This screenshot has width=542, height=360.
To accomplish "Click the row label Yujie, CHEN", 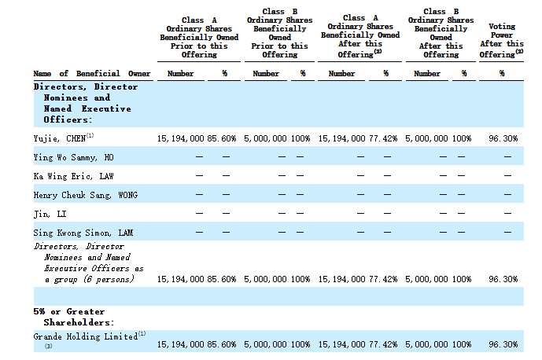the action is pos(60,138).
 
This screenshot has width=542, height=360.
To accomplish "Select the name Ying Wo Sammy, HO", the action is pos(74,157).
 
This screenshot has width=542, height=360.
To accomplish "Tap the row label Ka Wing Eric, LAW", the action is pos(74,176).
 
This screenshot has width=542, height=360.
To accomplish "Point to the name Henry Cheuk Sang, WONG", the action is pos(86,195).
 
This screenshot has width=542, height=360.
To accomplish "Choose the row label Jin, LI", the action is pos(50,215).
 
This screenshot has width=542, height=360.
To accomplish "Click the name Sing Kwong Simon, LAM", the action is pos(83,233).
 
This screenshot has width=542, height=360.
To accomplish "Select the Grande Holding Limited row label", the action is pos(86,336).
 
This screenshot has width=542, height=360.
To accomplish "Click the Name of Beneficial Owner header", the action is pos(92,74).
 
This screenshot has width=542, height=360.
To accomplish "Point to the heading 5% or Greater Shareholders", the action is pos(74,317).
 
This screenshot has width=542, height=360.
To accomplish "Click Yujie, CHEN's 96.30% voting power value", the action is pos(503,138).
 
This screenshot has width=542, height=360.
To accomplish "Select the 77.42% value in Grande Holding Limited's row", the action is pos(383,344).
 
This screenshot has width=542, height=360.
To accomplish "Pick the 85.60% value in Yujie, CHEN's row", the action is pos(222,138).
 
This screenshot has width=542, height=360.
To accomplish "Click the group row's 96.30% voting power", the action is pos(503,279).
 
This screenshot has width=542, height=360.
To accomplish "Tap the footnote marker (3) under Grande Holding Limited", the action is pos(49,346).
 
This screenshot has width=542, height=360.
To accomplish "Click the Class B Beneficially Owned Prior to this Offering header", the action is pos(279,33).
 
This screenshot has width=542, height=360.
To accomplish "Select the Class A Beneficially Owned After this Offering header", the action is pos(360,36).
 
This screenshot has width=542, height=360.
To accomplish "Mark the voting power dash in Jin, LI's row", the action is pos(507,214).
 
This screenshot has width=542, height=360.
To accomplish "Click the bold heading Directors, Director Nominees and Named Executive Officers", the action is pos(86,103).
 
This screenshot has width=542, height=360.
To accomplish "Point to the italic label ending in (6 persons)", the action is pos(88,263).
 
